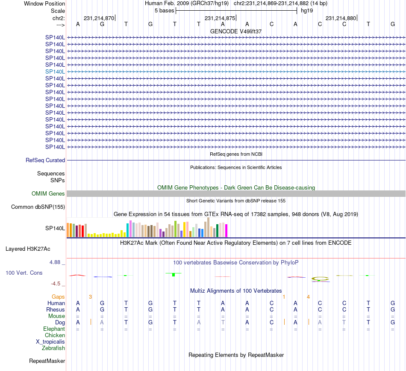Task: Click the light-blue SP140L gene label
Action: (55, 71)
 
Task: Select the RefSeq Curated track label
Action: (45, 160)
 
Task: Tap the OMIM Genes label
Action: (48, 193)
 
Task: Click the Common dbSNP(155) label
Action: (38, 207)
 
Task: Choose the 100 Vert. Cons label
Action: (24, 273)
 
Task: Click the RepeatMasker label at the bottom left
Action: (47, 361)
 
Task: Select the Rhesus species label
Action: (56, 309)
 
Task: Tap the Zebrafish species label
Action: (54, 348)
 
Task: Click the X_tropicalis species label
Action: (50, 341)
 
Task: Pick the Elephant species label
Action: (54, 329)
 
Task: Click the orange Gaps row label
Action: (58, 297)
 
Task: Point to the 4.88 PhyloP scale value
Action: (56, 262)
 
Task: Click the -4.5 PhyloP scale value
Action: (58, 283)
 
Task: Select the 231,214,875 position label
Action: (220, 18)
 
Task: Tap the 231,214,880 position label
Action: (341, 18)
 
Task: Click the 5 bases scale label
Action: (164, 10)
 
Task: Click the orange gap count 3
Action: (90, 297)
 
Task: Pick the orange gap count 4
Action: (308, 297)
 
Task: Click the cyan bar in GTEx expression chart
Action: (128, 230)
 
